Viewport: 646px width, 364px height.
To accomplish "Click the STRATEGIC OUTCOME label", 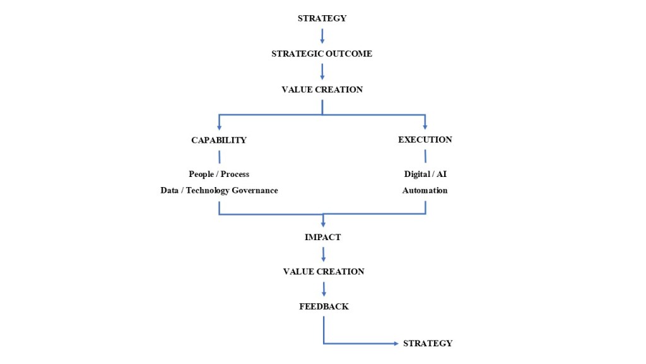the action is (x=322, y=54).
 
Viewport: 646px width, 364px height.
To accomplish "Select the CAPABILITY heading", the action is (x=219, y=140).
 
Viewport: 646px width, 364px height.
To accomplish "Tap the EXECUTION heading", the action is (x=425, y=140).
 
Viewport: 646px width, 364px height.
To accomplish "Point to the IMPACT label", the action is (x=322, y=237).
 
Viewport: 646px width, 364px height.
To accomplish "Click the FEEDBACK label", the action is (x=324, y=306).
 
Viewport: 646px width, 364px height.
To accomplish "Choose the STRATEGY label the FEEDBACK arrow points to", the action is (x=428, y=343).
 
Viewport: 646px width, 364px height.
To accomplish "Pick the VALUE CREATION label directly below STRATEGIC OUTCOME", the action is (x=322, y=90).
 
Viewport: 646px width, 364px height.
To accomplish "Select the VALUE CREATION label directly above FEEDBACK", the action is (x=324, y=272).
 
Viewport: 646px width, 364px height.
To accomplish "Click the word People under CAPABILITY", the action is (x=201, y=174).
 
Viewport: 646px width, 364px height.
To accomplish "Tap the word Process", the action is (x=235, y=174).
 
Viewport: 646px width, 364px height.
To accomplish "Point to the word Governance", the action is (x=255, y=190).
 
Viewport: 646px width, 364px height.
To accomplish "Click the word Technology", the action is (x=208, y=191).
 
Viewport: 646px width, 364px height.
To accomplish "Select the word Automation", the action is (x=425, y=190).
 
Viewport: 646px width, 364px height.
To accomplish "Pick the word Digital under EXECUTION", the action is (x=417, y=174).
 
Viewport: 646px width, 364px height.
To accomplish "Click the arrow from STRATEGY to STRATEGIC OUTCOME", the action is (x=322, y=36).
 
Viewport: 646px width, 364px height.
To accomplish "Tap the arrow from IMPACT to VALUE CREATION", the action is (x=324, y=254).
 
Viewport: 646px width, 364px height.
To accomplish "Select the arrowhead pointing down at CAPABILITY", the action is (x=219, y=128).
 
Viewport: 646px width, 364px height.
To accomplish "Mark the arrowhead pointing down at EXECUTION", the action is (x=425, y=127).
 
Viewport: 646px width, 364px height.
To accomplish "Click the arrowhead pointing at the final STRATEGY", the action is (x=396, y=343).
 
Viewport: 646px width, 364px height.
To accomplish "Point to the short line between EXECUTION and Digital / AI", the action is (x=425, y=156).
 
